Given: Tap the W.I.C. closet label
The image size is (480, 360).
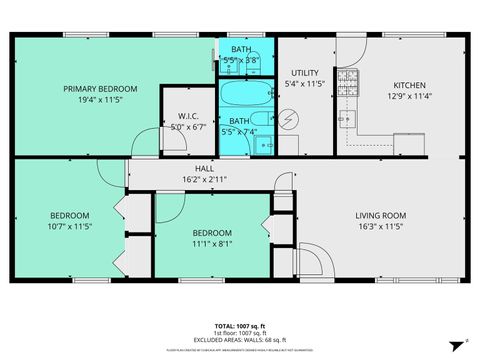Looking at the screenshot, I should coord(184,117).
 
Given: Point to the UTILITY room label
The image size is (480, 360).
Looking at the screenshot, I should coord(304,73).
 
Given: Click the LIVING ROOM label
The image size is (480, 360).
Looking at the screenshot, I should coord(380,215).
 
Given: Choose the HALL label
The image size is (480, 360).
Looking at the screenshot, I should coord(204,168).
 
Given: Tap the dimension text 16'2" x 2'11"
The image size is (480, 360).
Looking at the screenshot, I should coord(204,179).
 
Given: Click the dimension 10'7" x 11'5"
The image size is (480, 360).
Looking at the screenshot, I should coord(70,227).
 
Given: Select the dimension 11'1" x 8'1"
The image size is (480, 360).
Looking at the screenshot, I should coord(212,241).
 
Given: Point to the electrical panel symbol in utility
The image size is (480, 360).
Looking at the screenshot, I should coord(289,119).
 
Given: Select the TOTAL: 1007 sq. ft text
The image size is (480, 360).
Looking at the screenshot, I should coord(239,326).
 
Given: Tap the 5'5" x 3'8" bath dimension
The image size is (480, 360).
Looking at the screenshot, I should coord(241,60).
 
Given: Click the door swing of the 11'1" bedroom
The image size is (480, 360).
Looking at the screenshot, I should coord(168,206).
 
